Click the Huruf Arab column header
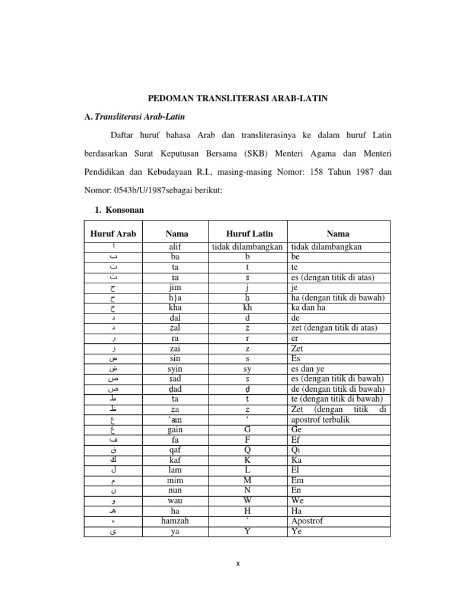click(x=113, y=234)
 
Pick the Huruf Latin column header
click(x=249, y=234)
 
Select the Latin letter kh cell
click(x=249, y=308)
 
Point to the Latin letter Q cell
click(x=249, y=450)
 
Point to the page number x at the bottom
click(x=238, y=564)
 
